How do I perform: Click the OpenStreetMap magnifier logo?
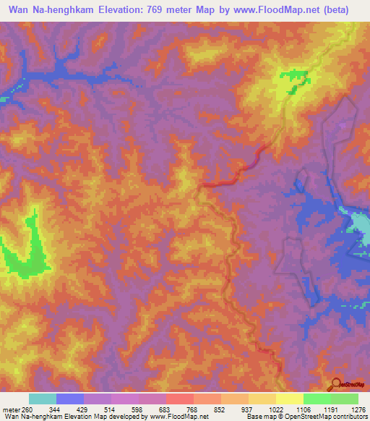point(337,384)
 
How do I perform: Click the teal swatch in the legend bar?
point(43,399)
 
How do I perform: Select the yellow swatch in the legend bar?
point(289,399)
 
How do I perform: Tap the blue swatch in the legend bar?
point(70,399)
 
